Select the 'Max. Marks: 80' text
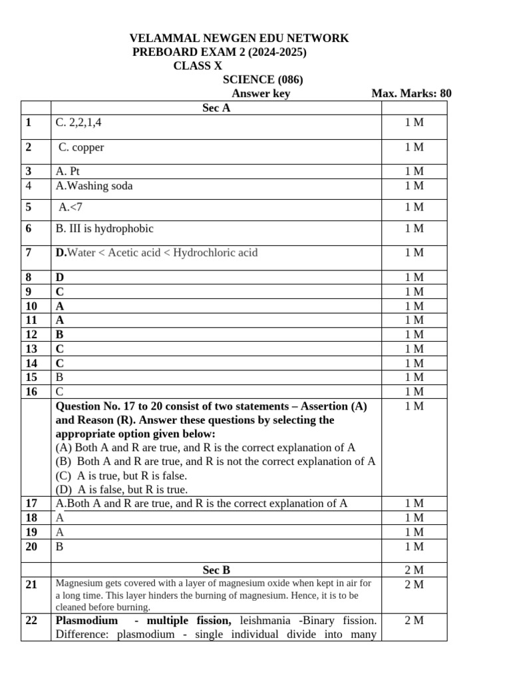[411, 93]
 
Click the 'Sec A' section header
[216, 108]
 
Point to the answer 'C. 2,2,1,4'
[79, 123]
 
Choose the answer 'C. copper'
[81, 147]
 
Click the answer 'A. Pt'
[68, 171]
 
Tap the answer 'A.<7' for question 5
[71, 207]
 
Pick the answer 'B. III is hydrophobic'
[104, 228]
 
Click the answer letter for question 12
[60, 334]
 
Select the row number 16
[31, 392]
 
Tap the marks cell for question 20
[414, 547]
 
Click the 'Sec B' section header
[216, 570]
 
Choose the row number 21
[31, 585]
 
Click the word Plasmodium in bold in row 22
[86, 621]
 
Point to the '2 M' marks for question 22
[414, 621]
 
